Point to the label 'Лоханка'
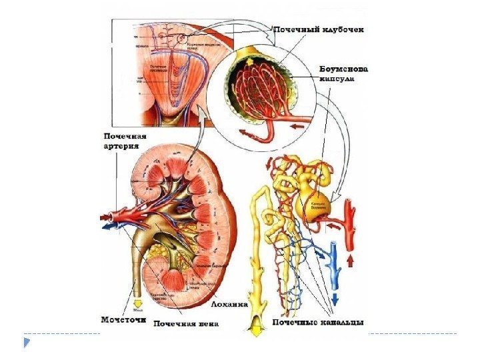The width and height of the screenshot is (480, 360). (x=230, y=303)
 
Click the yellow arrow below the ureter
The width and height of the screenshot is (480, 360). (x=137, y=303)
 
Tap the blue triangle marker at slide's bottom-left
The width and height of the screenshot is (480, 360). (x=27, y=343)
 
